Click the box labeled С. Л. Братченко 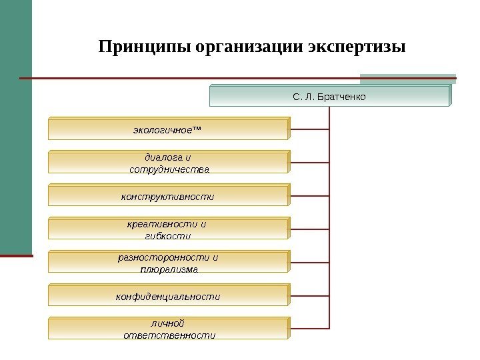tap(330, 97)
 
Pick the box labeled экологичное tap(168, 129)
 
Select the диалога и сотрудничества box tap(168, 163)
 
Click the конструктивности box tap(168, 197)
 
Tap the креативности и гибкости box tap(168, 229)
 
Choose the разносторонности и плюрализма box tap(168, 263)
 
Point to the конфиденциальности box tap(168, 296)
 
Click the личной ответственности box tap(168, 329)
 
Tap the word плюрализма tap(169, 269)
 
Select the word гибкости tap(167, 236)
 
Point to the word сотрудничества tap(169, 169)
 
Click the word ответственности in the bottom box tap(169, 335)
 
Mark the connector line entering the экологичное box tap(310, 128)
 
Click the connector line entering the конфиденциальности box tap(310, 295)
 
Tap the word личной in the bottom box tap(168, 323)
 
